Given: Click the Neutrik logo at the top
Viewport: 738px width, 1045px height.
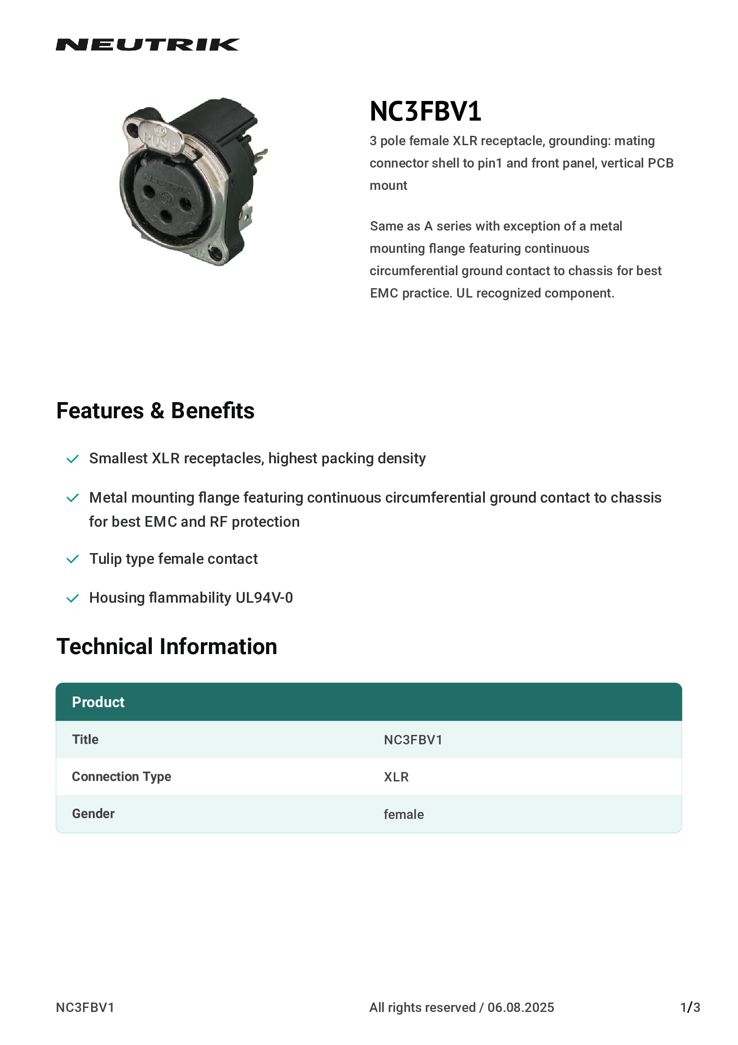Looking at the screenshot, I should point(147,45).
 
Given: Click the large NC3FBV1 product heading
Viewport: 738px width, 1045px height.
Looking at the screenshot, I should point(425,111).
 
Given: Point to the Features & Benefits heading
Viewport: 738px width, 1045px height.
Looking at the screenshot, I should point(155,411).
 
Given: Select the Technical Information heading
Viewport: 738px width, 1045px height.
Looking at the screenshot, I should point(167,646).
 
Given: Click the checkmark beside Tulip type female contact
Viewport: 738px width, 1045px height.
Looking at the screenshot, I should point(73,559).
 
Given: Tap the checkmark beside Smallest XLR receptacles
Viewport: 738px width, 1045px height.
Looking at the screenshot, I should point(73,459).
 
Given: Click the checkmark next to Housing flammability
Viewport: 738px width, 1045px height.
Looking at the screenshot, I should point(73,598).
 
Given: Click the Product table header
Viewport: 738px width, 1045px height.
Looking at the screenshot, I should point(98,702).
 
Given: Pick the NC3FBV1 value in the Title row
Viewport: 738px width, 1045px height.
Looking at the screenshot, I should point(413,739).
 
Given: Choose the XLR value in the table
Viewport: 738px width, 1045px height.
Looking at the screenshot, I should point(396,777).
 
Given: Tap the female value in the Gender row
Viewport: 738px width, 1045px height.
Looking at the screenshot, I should point(403,814).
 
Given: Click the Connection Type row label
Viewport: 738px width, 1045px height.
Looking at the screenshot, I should point(121,776).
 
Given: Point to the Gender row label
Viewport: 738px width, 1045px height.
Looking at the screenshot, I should point(93,814).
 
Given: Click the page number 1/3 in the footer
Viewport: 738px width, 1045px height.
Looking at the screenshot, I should point(690,1007).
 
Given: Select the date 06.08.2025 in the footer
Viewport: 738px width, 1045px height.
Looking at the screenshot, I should point(521,1007).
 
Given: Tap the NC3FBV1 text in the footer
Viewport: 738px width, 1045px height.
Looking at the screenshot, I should point(85,1007).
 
